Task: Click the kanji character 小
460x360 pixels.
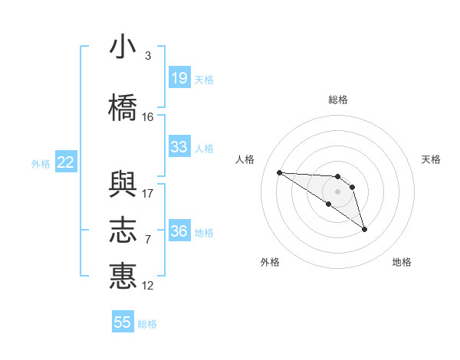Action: pyautogui.click(x=123, y=47)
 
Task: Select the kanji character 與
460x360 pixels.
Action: pyautogui.click(x=123, y=183)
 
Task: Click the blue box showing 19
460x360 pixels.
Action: pyautogui.click(x=179, y=78)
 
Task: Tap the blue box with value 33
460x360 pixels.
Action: pyautogui.click(x=179, y=147)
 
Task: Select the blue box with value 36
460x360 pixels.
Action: pyautogui.click(x=179, y=231)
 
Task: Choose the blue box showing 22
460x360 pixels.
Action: pyautogui.click(x=65, y=162)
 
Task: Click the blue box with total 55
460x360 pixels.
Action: pyautogui.click(x=123, y=322)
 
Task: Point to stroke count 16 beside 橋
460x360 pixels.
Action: pyautogui.click(x=148, y=117)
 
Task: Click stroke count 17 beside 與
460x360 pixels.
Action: pyautogui.click(x=148, y=194)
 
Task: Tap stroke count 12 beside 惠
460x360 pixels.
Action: pyautogui.click(x=148, y=286)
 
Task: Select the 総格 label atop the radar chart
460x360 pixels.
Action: pyautogui.click(x=338, y=100)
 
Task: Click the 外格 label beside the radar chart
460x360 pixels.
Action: pyautogui.click(x=270, y=262)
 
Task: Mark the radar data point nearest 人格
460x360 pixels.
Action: pyautogui.click(x=279, y=172)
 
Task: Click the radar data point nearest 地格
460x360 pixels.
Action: pyautogui.click(x=364, y=229)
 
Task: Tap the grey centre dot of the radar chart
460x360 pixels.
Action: pyautogui.click(x=338, y=191)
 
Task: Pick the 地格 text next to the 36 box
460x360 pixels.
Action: pyautogui.click(x=204, y=233)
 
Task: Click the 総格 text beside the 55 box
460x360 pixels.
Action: pyautogui.click(x=147, y=324)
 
